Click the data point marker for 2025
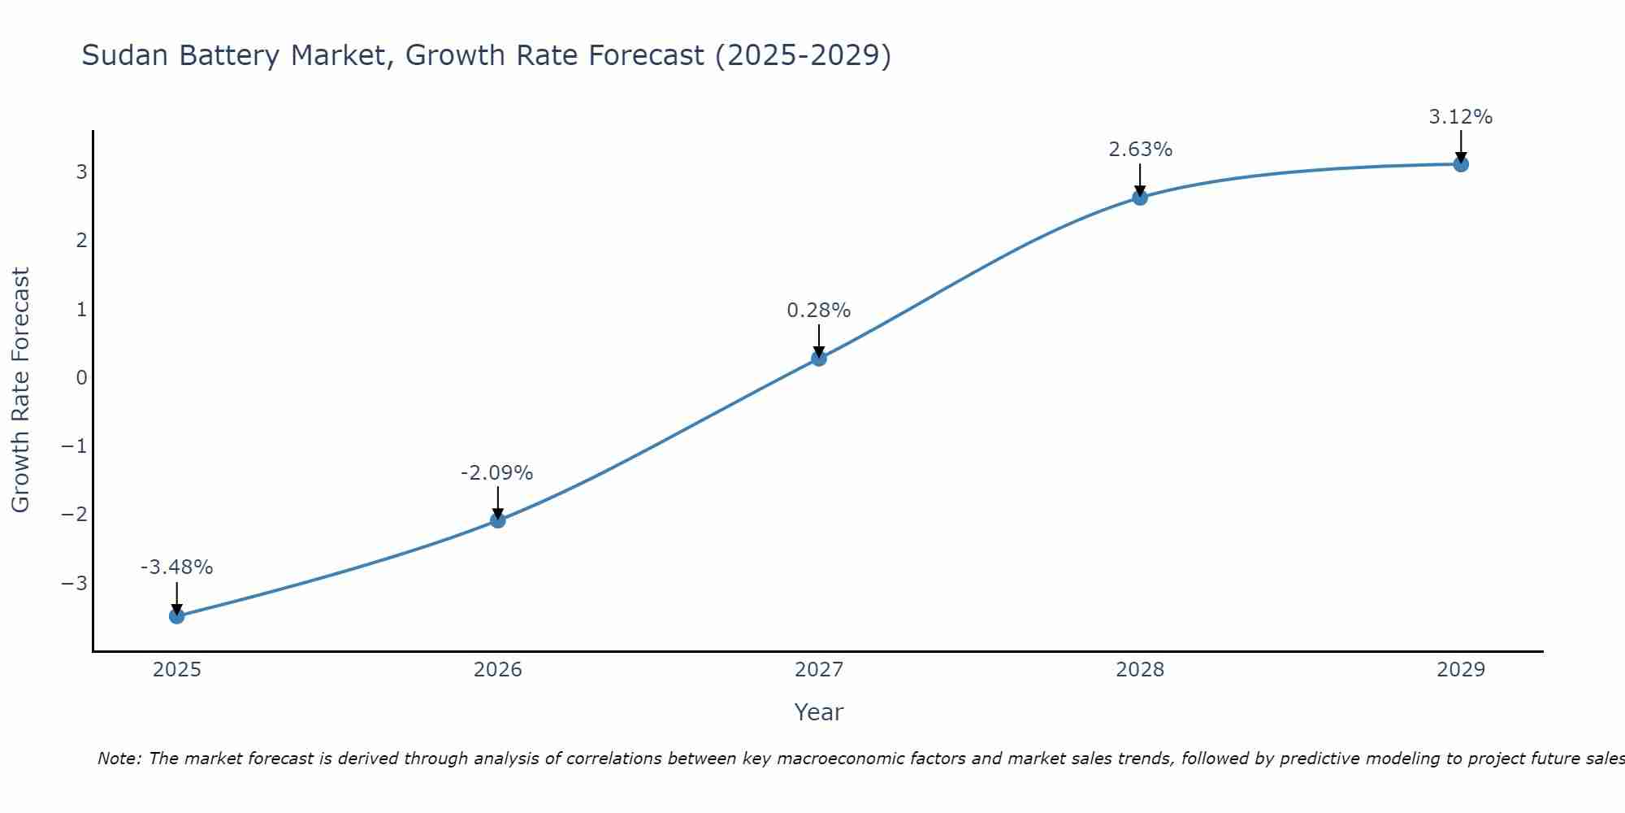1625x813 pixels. click(177, 616)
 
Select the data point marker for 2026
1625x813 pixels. click(498, 520)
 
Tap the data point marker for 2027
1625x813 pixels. click(819, 358)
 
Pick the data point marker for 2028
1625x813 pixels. click(1140, 197)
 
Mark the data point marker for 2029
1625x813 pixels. click(1461, 164)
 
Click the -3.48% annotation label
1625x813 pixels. click(176, 567)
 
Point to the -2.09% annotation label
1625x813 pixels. click(496, 473)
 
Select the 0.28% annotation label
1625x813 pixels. click(818, 311)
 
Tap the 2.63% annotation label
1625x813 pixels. click(1140, 150)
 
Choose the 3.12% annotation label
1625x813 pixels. click(1460, 117)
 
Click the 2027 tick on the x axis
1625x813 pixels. click(819, 670)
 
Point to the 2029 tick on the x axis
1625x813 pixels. click(1461, 670)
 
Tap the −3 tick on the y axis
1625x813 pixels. click(75, 584)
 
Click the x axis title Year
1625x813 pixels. click(819, 712)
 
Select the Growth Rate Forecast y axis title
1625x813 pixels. click(21, 390)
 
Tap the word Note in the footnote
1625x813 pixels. click(119, 759)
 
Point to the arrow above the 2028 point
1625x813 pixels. click(1140, 179)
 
